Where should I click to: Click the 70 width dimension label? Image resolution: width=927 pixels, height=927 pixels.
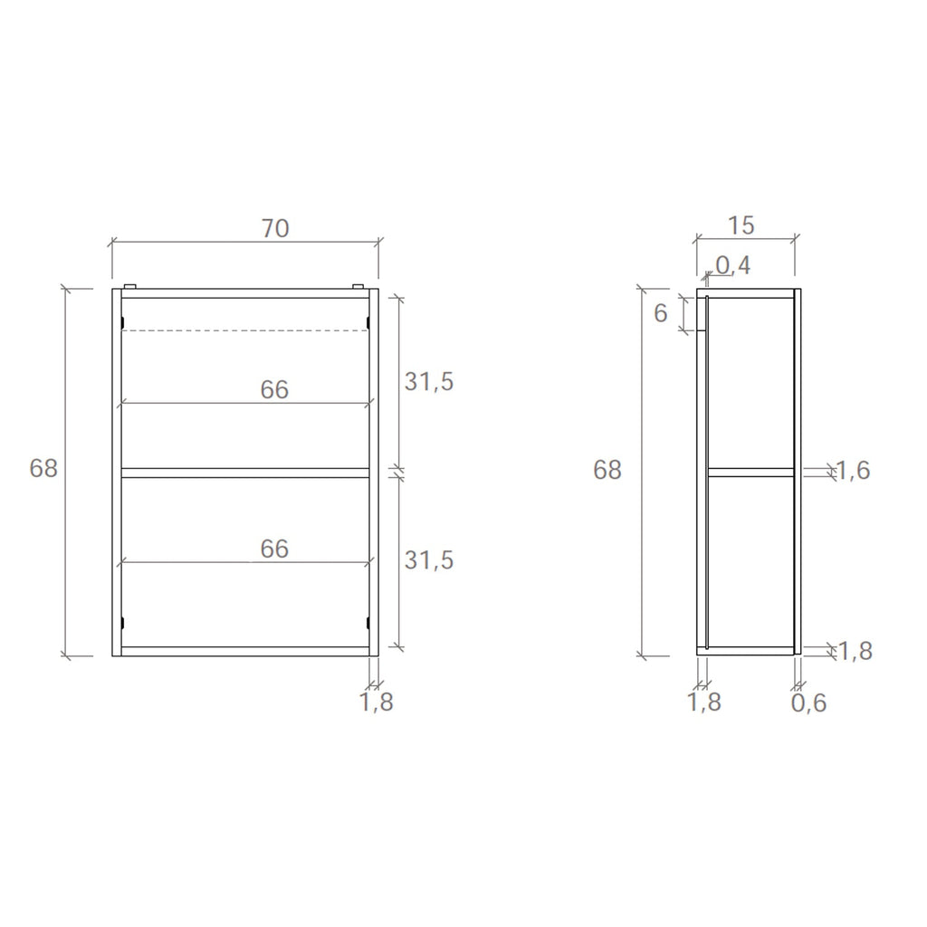pyautogui.click(x=275, y=229)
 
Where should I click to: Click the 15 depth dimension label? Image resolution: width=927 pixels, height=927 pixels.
pyautogui.click(x=741, y=225)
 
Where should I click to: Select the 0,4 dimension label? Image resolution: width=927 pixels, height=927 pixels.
pyautogui.click(x=732, y=265)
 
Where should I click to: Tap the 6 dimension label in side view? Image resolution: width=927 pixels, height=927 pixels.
pyautogui.click(x=661, y=313)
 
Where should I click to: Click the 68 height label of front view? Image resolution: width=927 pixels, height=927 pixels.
pyautogui.click(x=43, y=469)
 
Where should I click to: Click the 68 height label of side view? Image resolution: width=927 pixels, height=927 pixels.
pyautogui.click(x=607, y=471)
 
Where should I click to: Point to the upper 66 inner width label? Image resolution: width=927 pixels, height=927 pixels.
pyautogui.click(x=274, y=390)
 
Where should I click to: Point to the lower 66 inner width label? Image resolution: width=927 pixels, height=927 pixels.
pyautogui.click(x=274, y=550)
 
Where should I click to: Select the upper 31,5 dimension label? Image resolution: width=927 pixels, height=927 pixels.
pyautogui.click(x=428, y=382)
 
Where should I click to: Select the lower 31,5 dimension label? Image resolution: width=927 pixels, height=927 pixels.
pyautogui.click(x=428, y=561)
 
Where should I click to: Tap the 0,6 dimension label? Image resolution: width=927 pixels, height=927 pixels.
pyautogui.click(x=809, y=702)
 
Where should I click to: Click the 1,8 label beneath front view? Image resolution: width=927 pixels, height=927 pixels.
pyautogui.click(x=377, y=702)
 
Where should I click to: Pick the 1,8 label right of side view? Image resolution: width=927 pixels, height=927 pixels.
pyautogui.click(x=854, y=651)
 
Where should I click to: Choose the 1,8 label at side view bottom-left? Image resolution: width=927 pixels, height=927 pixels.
pyautogui.click(x=704, y=702)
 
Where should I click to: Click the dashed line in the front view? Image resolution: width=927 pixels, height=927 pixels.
pyautogui.click(x=244, y=330)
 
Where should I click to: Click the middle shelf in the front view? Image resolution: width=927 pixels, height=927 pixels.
pyautogui.click(x=244, y=473)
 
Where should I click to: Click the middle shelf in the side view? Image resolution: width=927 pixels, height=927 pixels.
pyautogui.click(x=750, y=472)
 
